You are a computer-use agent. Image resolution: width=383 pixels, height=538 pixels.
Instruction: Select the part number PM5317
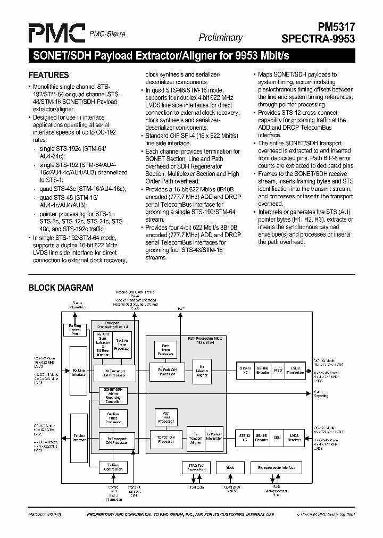pyautogui.click(x=334, y=27)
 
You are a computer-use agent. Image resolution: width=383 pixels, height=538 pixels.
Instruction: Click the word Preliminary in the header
pyautogui.click(x=221, y=38)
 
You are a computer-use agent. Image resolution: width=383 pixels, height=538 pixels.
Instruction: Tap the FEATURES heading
pyautogui.click(x=48, y=75)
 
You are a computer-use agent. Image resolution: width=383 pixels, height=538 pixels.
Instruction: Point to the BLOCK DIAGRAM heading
pyautogui.click(x=61, y=288)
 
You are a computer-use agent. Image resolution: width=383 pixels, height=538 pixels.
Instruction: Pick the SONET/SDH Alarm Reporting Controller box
pyautogui.click(x=113, y=396)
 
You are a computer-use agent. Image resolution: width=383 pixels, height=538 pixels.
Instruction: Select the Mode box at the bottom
pyautogui.click(x=230, y=468)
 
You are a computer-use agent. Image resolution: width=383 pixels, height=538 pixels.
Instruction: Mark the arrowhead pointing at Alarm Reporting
pyautogui.click(x=310, y=393)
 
